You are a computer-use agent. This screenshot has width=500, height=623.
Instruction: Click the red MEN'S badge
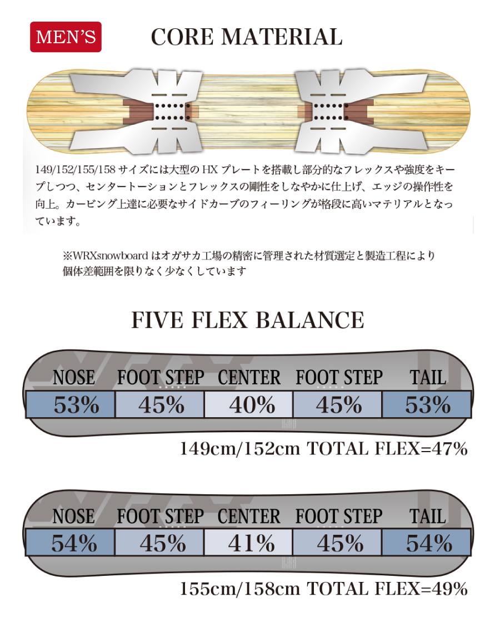(x=66, y=37)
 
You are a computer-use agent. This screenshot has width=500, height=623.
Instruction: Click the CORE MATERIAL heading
(x=247, y=37)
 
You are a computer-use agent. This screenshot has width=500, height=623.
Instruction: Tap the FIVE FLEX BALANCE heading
(x=247, y=320)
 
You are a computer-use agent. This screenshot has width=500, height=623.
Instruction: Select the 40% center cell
(x=248, y=404)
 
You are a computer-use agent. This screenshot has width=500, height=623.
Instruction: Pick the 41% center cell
(x=248, y=543)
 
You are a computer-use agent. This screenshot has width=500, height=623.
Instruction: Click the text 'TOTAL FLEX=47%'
(x=387, y=449)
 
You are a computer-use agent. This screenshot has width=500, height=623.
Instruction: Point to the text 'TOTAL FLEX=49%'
(x=387, y=589)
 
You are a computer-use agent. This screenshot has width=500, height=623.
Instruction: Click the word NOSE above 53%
(x=74, y=377)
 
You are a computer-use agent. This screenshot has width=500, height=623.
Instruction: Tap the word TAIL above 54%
(x=428, y=516)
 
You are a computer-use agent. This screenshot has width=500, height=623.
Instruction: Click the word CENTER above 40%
(x=249, y=377)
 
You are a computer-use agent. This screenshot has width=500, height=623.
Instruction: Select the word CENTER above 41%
(x=249, y=516)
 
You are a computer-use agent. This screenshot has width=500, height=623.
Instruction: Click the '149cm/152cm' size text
(x=240, y=449)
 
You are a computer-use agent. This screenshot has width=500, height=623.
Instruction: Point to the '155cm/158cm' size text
(x=240, y=589)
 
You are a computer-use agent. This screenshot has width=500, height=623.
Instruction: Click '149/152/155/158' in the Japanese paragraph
(x=75, y=170)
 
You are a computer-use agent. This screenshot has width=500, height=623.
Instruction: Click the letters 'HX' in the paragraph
(x=210, y=170)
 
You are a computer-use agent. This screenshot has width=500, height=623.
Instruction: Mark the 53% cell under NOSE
(x=71, y=404)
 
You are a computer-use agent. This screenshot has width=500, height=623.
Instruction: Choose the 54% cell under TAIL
(x=427, y=543)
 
